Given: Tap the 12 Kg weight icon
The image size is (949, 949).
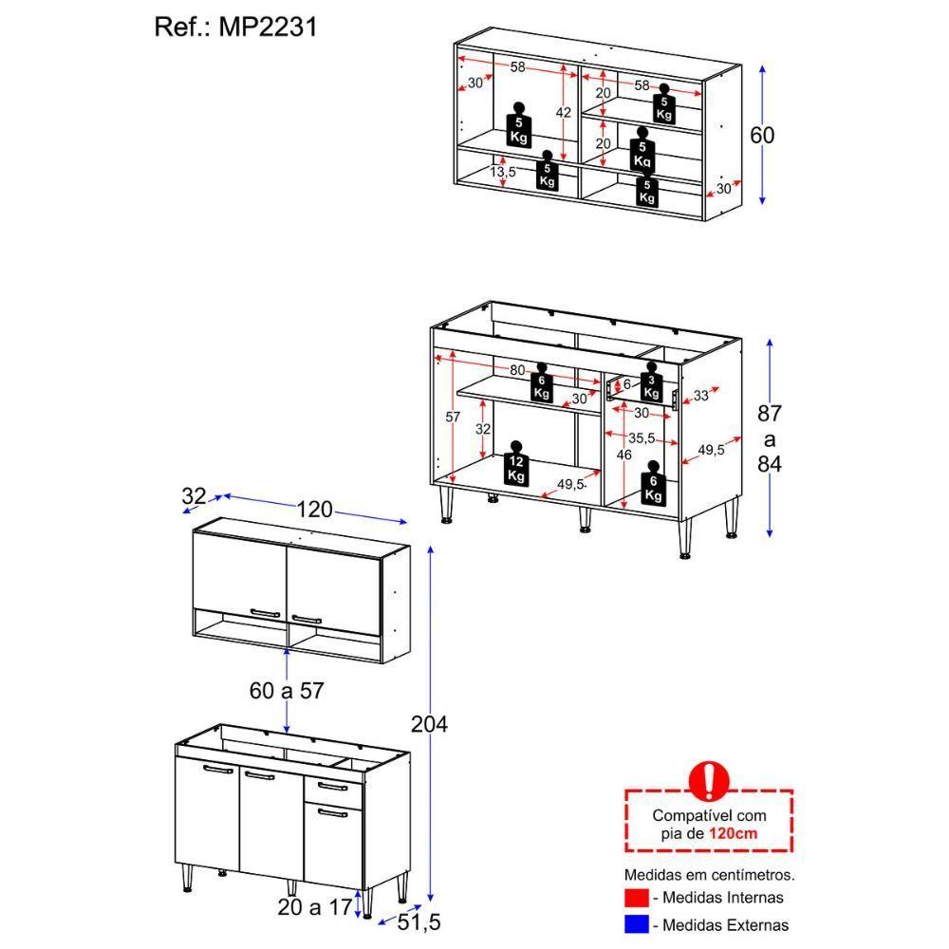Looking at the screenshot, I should (516, 463).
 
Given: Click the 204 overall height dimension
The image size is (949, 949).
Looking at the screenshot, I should (429, 724).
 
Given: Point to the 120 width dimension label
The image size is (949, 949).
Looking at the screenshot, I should (314, 510).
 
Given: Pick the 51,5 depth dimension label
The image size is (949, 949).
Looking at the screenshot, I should (419, 921).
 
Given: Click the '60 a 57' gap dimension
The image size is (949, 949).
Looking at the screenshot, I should (287, 691).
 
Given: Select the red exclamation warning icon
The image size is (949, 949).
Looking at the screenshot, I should (709, 781).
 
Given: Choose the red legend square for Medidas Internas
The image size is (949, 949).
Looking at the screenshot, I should (637, 897).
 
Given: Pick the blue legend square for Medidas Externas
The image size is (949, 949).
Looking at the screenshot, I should (637, 923).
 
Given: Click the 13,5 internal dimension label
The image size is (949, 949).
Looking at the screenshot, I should (503, 172).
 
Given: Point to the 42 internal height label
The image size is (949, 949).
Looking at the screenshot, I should (564, 112).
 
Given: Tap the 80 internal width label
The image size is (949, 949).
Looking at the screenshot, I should (517, 370).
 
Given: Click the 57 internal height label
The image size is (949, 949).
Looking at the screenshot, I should (453, 417).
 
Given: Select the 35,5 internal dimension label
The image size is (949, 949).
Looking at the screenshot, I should (642, 438).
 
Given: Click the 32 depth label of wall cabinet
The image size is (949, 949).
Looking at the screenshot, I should (194, 495).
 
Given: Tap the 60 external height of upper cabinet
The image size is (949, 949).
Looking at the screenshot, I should (762, 136).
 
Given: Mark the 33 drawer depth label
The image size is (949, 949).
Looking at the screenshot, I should (700, 396).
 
